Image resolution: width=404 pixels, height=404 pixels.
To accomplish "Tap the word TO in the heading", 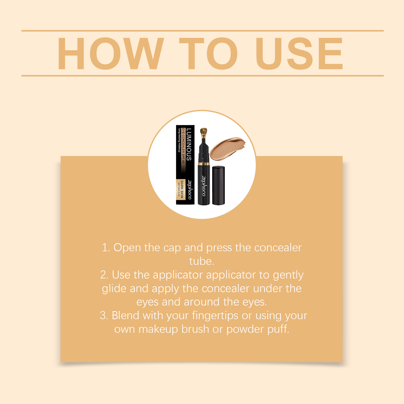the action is pos(209,53).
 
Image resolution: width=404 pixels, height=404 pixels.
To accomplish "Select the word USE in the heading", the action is pos(299,53).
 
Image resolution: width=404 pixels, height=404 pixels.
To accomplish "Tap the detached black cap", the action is pos(218,185).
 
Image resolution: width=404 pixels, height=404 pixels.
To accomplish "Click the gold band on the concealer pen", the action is pos(204,164).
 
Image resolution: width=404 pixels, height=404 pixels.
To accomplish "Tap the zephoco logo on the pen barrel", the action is pos(204,186).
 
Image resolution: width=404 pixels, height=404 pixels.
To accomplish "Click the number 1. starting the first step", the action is pos(106,248).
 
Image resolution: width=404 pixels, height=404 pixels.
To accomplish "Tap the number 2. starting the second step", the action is pos(105,275).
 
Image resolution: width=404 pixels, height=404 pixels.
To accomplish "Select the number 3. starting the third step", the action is pos(104,316).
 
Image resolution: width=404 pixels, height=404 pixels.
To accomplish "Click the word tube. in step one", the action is pos(202,261).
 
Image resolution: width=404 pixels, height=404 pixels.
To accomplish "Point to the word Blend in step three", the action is pos(125,315).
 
